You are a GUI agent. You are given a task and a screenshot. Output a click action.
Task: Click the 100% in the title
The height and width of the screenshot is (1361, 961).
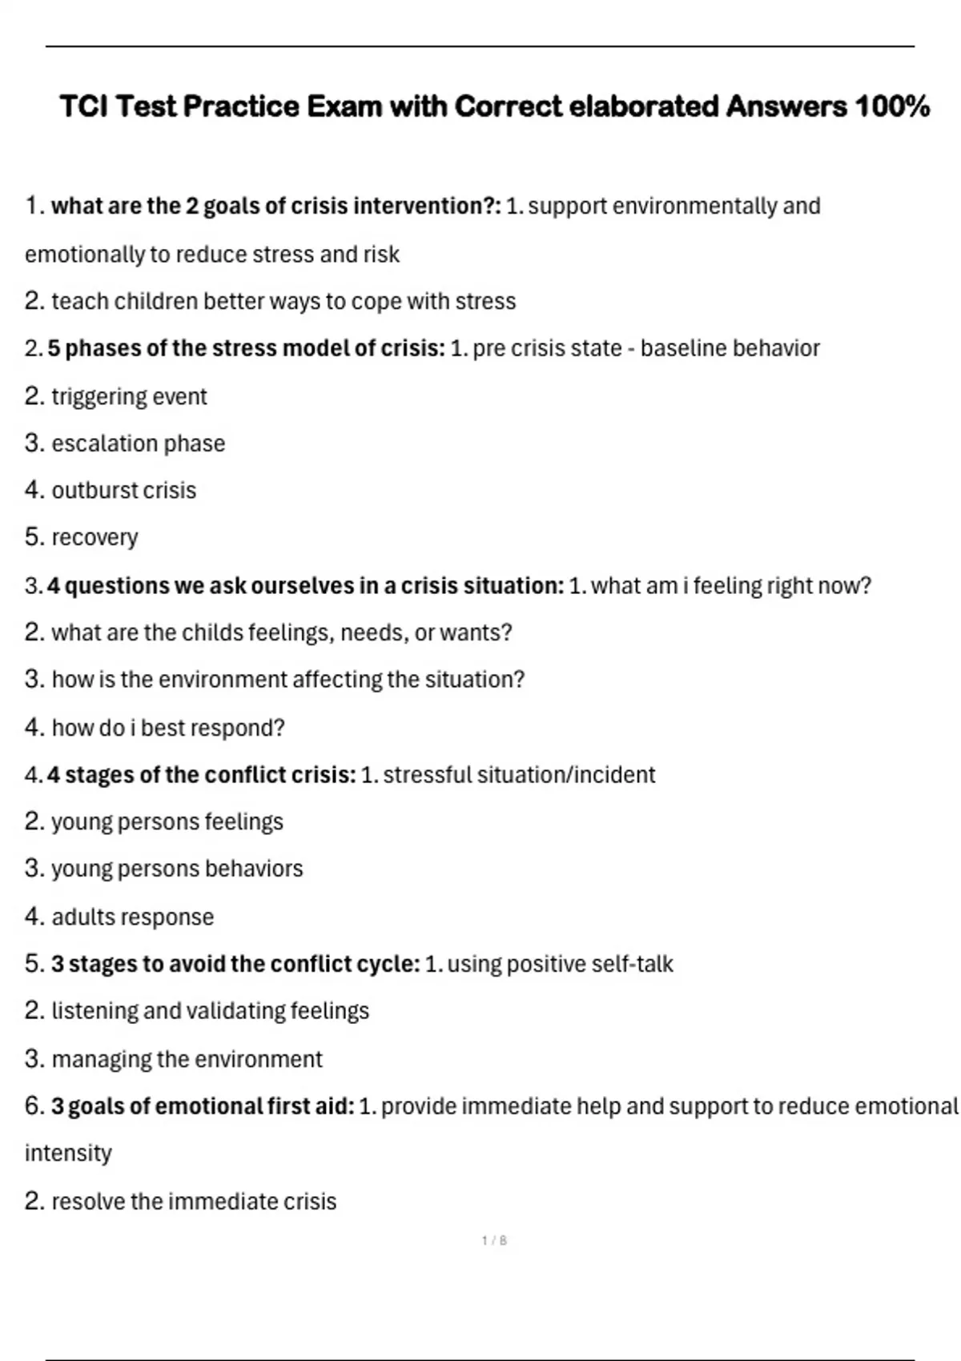[892, 106]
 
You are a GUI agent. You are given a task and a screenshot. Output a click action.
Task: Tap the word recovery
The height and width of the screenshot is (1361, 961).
[94, 538]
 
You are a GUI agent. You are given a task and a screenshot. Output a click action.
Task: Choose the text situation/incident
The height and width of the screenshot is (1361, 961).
[565, 775]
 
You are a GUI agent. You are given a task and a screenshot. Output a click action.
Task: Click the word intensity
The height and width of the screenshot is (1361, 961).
[68, 1154]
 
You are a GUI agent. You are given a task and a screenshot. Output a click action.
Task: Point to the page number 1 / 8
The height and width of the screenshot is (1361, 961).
[494, 1241]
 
